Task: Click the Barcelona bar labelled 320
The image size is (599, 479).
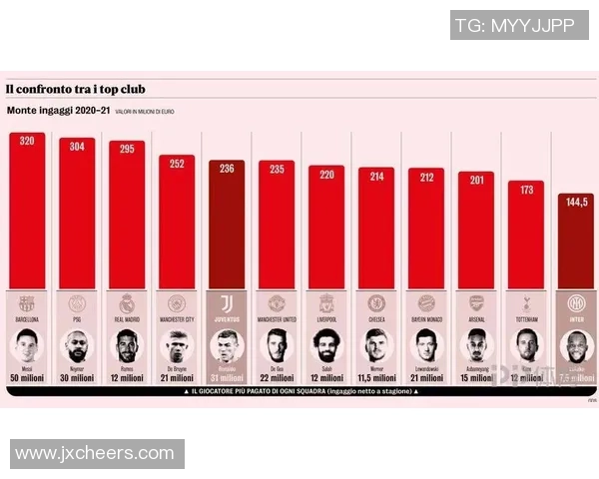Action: [x=27, y=215]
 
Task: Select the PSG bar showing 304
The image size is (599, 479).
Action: [x=77, y=220]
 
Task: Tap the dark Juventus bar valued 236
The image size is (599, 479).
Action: [x=227, y=230]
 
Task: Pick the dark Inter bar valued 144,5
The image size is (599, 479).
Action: [x=576, y=244]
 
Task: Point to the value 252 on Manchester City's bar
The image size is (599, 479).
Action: [x=177, y=164]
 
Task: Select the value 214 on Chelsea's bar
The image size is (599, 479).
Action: [x=376, y=176]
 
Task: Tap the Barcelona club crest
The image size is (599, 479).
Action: [x=27, y=303]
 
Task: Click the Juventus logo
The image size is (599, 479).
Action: [x=227, y=303]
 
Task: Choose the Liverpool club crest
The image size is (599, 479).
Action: [x=326, y=303]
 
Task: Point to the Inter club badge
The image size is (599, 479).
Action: [x=576, y=303]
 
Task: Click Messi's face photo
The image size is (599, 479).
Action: [x=27, y=346]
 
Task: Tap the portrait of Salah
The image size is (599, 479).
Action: [x=326, y=346]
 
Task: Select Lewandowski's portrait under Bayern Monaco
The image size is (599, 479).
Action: [x=426, y=346]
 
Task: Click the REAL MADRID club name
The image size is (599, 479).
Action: [x=127, y=319]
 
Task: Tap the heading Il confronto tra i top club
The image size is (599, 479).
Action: [x=75, y=90]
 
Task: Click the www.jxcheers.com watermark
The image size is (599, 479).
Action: [x=95, y=454]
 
